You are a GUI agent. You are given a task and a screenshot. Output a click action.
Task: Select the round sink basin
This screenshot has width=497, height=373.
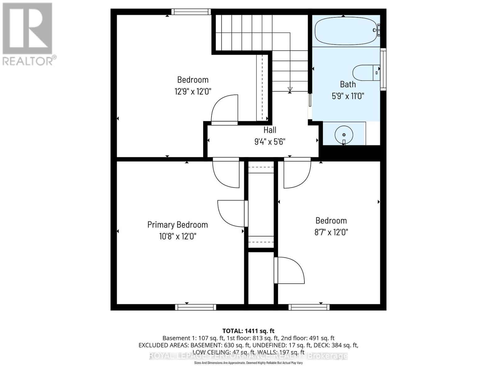(x=344, y=135)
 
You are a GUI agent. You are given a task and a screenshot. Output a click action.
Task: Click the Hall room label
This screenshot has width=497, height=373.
(x=270, y=130)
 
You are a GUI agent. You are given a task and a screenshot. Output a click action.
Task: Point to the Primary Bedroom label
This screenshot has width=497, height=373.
(x=177, y=225)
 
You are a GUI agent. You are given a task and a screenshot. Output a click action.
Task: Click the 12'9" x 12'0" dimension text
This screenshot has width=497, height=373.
(x=193, y=91)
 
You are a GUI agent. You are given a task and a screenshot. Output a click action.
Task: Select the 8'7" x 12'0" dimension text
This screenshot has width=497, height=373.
(x=331, y=232)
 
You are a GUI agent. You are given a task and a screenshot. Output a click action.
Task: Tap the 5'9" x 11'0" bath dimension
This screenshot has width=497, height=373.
(x=348, y=96)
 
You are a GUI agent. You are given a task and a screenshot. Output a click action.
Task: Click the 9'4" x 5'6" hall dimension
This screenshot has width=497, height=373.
(x=270, y=142)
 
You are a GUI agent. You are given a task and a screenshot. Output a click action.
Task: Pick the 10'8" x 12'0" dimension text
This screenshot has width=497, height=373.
(x=177, y=237)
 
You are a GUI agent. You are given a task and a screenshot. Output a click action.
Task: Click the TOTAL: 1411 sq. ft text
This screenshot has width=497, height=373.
(x=248, y=331)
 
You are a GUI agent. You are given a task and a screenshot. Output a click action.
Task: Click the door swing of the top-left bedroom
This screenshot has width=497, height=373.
(x=224, y=109)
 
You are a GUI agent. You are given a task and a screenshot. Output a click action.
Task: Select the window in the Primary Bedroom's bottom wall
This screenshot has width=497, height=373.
(x=195, y=307)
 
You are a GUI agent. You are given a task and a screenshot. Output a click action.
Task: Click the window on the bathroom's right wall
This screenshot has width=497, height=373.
(x=383, y=69)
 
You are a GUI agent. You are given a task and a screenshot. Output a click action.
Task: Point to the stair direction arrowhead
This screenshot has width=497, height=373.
(x=290, y=90)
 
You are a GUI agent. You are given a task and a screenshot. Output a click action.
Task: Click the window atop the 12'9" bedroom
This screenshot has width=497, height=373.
(x=191, y=12)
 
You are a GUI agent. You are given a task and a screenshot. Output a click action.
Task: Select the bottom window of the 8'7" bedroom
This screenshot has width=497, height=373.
(x=309, y=307)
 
